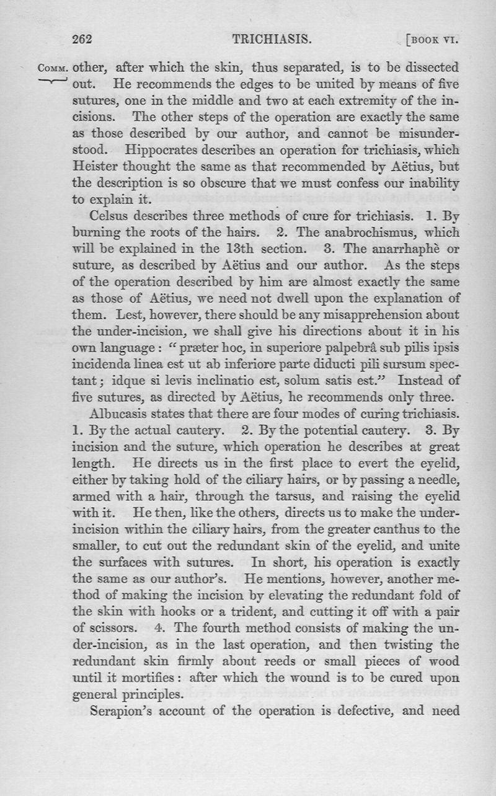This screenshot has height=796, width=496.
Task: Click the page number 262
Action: (x=82, y=40)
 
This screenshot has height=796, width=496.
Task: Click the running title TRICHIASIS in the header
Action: (x=271, y=40)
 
